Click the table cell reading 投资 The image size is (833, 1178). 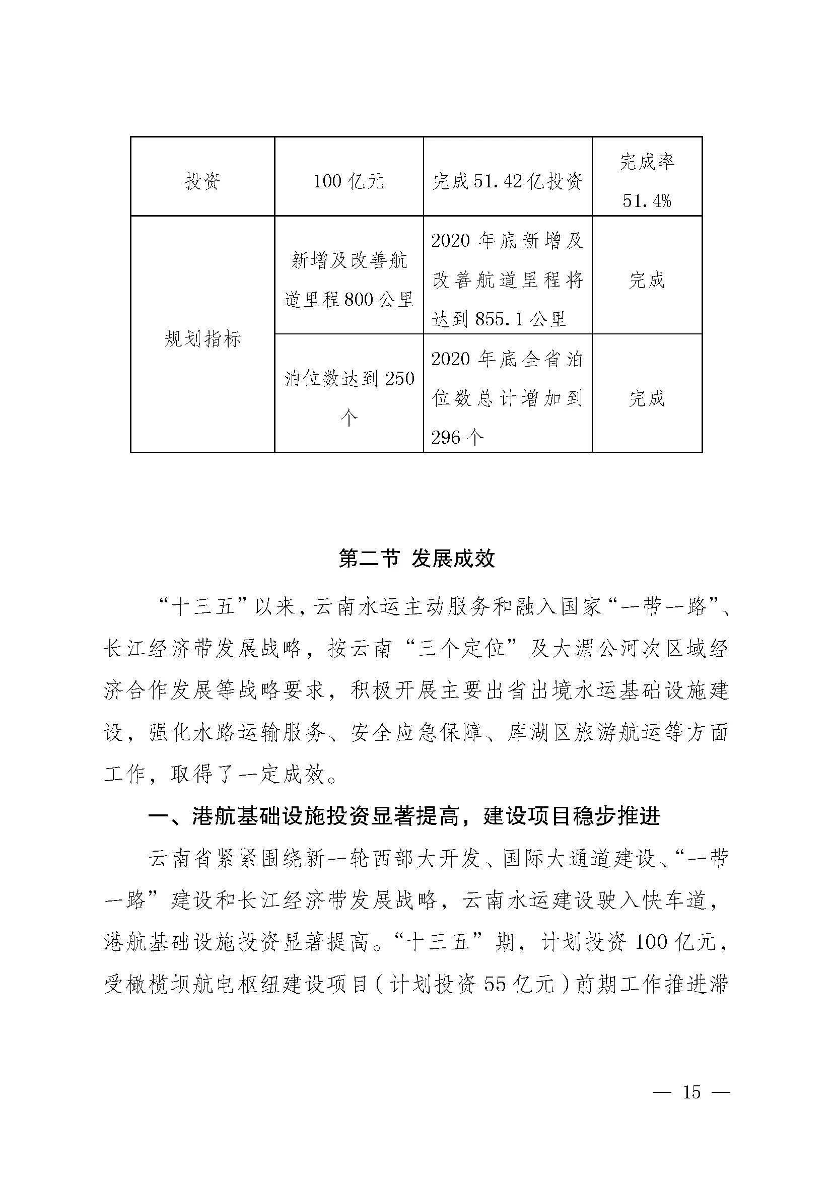[x=202, y=181]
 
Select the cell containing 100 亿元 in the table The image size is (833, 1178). [x=349, y=181]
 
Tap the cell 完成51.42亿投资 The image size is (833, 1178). [x=507, y=181]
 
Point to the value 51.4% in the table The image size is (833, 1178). [x=647, y=200]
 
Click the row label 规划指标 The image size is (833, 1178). [x=202, y=339]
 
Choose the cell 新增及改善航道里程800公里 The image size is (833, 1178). [x=349, y=280]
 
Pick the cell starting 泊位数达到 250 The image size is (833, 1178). [x=349, y=398]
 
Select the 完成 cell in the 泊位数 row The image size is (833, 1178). [x=647, y=398]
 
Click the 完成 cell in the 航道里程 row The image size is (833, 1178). [x=647, y=280]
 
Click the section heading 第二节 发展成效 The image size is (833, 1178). [x=416, y=559]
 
